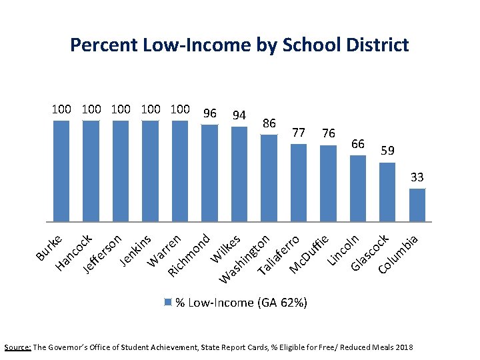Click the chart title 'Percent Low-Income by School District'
(x=239, y=45)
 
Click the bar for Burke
(x=61, y=171)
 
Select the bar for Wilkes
(x=239, y=173)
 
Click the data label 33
(x=417, y=178)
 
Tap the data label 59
(x=387, y=151)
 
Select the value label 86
(x=269, y=123)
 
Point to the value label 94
(x=239, y=115)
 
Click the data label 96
(x=209, y=113)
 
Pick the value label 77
(x=299, y=133)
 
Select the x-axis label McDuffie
(x=309, y=254)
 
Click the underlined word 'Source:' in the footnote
(x=17, y=348)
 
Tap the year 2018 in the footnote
(x=403, y=348)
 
